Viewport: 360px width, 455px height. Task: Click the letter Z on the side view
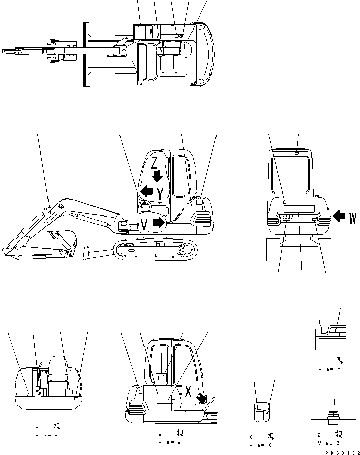pos(155,163)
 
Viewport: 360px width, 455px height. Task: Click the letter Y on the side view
pos(161,194)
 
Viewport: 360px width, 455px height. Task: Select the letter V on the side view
pos(145,223)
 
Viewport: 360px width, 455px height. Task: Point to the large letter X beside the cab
pos(188,392)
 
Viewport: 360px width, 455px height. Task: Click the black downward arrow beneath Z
pos(157,176)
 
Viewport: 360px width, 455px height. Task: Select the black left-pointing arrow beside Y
pos(147,191)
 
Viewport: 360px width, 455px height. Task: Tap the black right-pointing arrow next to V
pos(159,223)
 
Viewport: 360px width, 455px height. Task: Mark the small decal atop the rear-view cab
pos(297,152)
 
